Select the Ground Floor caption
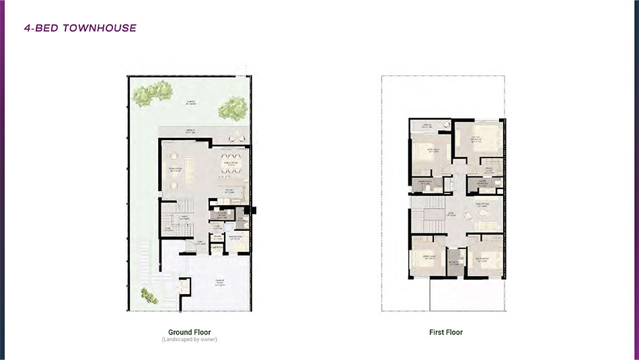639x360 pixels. coord(189,332)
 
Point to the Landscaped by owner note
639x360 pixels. coord(189,339)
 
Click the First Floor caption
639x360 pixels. coord(446,332)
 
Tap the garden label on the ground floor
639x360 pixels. coord(191,102)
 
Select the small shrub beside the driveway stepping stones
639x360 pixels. coord(147,294)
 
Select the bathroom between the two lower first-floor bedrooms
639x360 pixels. coord(455,262)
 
